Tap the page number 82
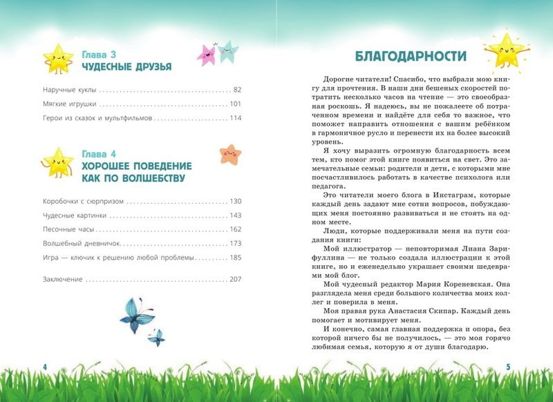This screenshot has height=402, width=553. [x=236, y=90]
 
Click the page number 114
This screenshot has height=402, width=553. [x=236, y=118]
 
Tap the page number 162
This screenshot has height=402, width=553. [x=236, y=229]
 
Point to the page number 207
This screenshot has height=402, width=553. [x=236, y=279]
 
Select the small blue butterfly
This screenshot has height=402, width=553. [x=157, y=337]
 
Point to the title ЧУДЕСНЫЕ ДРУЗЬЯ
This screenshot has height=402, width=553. [x=126, y=66]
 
